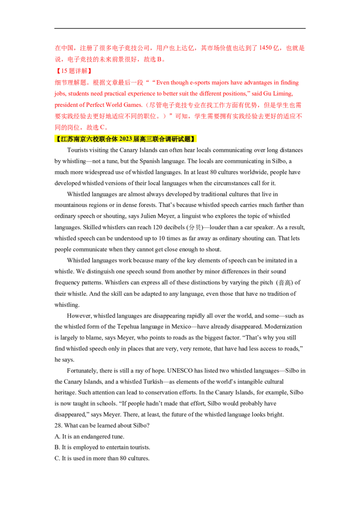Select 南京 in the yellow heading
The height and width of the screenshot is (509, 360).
81,139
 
